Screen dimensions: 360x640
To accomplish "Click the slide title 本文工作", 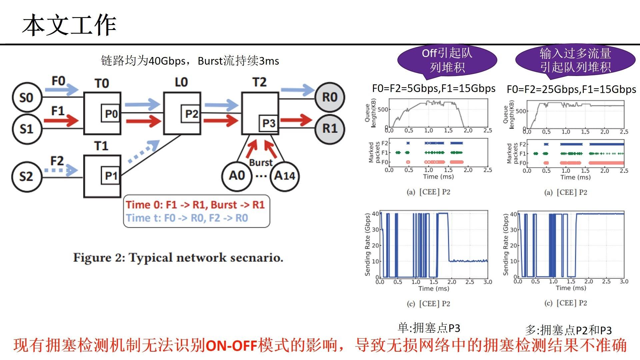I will pos(69,25).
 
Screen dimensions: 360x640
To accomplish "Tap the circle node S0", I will pos(27,98).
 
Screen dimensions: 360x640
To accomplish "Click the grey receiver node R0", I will pos(330,97).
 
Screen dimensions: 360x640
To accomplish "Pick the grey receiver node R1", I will pos(330,128).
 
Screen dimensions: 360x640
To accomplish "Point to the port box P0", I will pos(111,114).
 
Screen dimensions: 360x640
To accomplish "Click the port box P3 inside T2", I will pos(269,123).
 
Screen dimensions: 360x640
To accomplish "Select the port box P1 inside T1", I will pos(111,175).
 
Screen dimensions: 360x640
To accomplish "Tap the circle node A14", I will pos(284,176).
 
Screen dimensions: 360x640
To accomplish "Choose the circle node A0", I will pos(237,176).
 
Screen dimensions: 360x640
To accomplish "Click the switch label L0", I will pos(181,82).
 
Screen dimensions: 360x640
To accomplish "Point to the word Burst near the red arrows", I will pos(261,163).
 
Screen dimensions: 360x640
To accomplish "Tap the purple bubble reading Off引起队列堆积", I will pos(447,60).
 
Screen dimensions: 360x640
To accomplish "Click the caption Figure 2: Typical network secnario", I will pos(178,258).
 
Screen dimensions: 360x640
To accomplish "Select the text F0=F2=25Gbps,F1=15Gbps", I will pos(571,89).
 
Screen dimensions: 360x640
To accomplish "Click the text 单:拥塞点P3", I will pos(429,328).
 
